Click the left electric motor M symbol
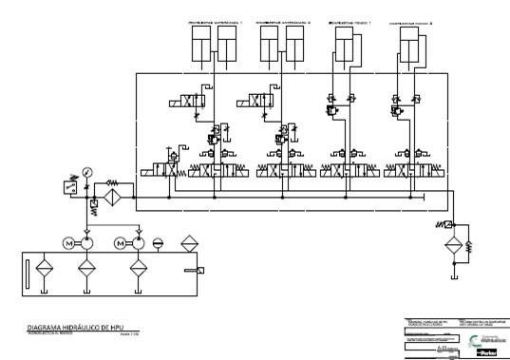[x=68, y=243]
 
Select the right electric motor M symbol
[x=121, y=243]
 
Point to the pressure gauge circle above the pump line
[x=86, y=172]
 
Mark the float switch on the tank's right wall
[x=200, y=273]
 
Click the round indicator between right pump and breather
[x=158, y=243]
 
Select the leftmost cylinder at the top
[x=200, y=44]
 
